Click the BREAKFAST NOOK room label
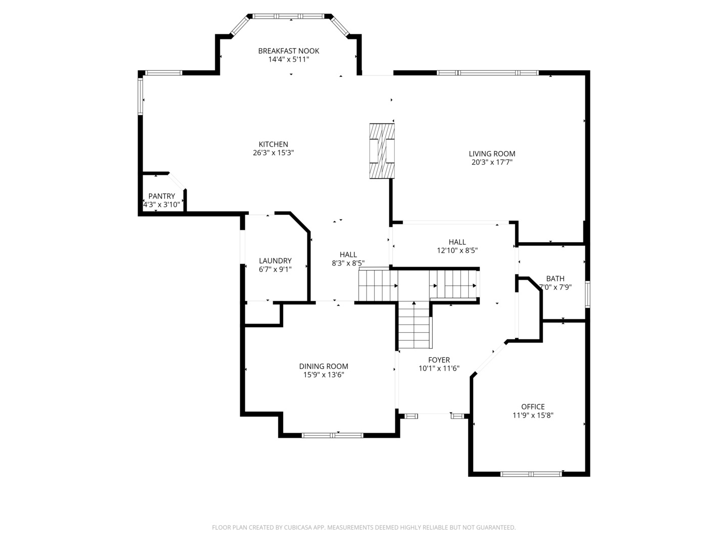289,51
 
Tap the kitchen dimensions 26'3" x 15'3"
274,153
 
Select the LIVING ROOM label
492,154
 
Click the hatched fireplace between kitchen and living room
382,151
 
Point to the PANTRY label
162,196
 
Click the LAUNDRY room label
275,261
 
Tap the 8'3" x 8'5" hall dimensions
348,263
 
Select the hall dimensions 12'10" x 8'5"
457,250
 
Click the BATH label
555,279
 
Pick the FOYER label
439,360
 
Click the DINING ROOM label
324,367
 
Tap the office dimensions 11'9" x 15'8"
533,415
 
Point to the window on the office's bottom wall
531,474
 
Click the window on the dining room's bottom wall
332,435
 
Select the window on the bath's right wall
587,294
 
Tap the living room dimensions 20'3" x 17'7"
492,162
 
